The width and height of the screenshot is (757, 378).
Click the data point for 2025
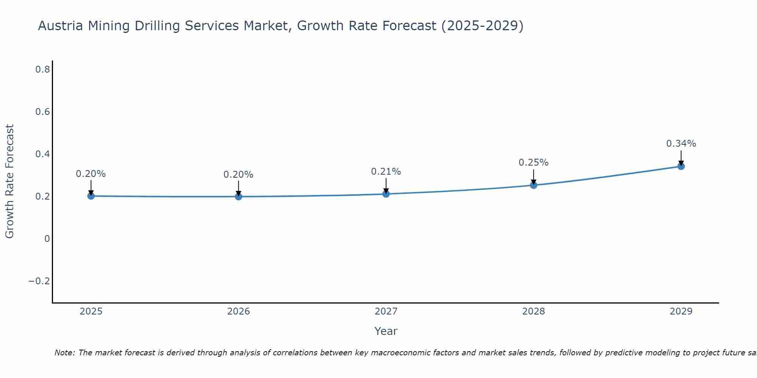(x=91, y=196)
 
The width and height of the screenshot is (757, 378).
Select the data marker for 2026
(x=238, y=197)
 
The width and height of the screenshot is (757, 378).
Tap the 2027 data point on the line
(x=386, y=194)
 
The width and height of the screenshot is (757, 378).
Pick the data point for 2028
(x=534, y=185)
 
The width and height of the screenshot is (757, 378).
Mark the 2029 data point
(x=681, y=166)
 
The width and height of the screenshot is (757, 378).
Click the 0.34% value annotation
(x=681, y=144)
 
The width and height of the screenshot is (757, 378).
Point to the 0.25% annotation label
(x=533, y=163)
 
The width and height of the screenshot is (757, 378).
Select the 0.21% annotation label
(x=386, y=172)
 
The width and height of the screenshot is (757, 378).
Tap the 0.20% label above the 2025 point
(x=91, y=174)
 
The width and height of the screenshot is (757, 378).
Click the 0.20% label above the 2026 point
(x=238, y=175)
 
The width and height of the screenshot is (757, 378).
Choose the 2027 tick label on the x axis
(x=386, y=311)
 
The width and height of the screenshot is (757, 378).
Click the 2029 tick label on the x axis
(x=681, y=311)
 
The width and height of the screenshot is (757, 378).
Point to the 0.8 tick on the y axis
(x=42, y=69)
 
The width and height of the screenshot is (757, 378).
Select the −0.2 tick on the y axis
(x=39, y=281)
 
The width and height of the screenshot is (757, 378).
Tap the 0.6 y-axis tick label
(x=42, y=112)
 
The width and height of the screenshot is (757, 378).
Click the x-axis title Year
(x=386, y=331)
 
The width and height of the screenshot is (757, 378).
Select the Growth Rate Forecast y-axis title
(x=9, y=181)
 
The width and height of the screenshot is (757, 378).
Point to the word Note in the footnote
(x=64, y=353)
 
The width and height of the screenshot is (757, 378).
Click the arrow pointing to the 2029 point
(x=681, y=158)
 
